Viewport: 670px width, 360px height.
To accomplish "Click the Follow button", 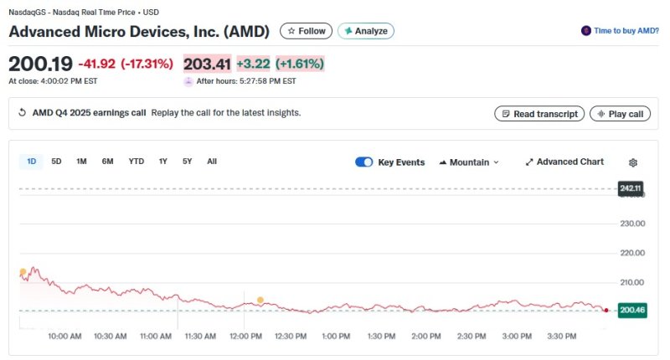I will tap(306, 31).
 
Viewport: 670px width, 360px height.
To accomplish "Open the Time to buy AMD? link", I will tap(620, 30).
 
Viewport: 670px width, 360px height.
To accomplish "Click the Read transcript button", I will tap(539, 114).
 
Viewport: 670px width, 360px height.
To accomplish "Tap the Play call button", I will tap(620, 114).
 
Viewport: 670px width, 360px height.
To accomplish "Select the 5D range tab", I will tap(56, 162).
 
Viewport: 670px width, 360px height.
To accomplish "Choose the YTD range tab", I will tap(136, 162).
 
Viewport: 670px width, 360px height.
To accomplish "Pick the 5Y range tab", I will tap(187, 162).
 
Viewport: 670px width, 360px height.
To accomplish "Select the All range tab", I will tap(212, 162).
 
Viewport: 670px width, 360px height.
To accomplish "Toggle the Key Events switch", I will tap(364, 162).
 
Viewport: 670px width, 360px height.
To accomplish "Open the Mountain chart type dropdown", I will tap(469, 162).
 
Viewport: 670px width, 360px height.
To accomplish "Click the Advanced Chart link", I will tap(564, 162).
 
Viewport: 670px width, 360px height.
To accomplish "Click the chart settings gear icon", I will tap(633, 162).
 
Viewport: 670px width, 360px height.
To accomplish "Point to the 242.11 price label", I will tap(631, 188).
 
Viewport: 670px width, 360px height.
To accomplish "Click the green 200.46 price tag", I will tap(631, 311).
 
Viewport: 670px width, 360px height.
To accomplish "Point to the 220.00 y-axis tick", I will tap(631, 253).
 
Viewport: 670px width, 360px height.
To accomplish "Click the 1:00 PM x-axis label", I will tap(335, 337).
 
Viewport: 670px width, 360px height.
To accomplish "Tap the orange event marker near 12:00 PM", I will tap(260, 300).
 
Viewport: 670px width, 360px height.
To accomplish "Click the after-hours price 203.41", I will tap(207, 64).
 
